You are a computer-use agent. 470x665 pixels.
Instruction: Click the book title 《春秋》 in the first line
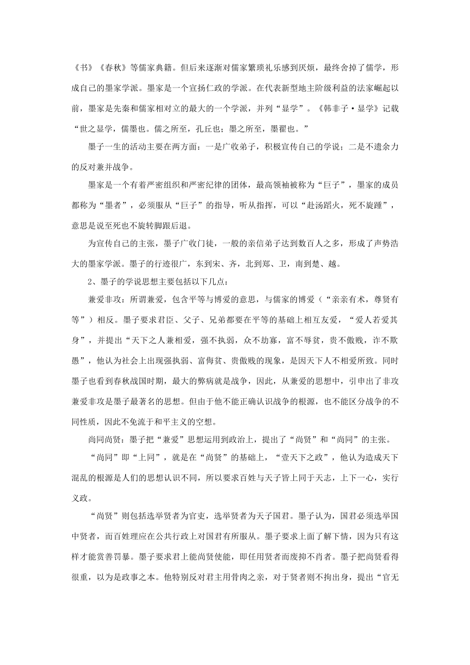[x=112, y=67]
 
